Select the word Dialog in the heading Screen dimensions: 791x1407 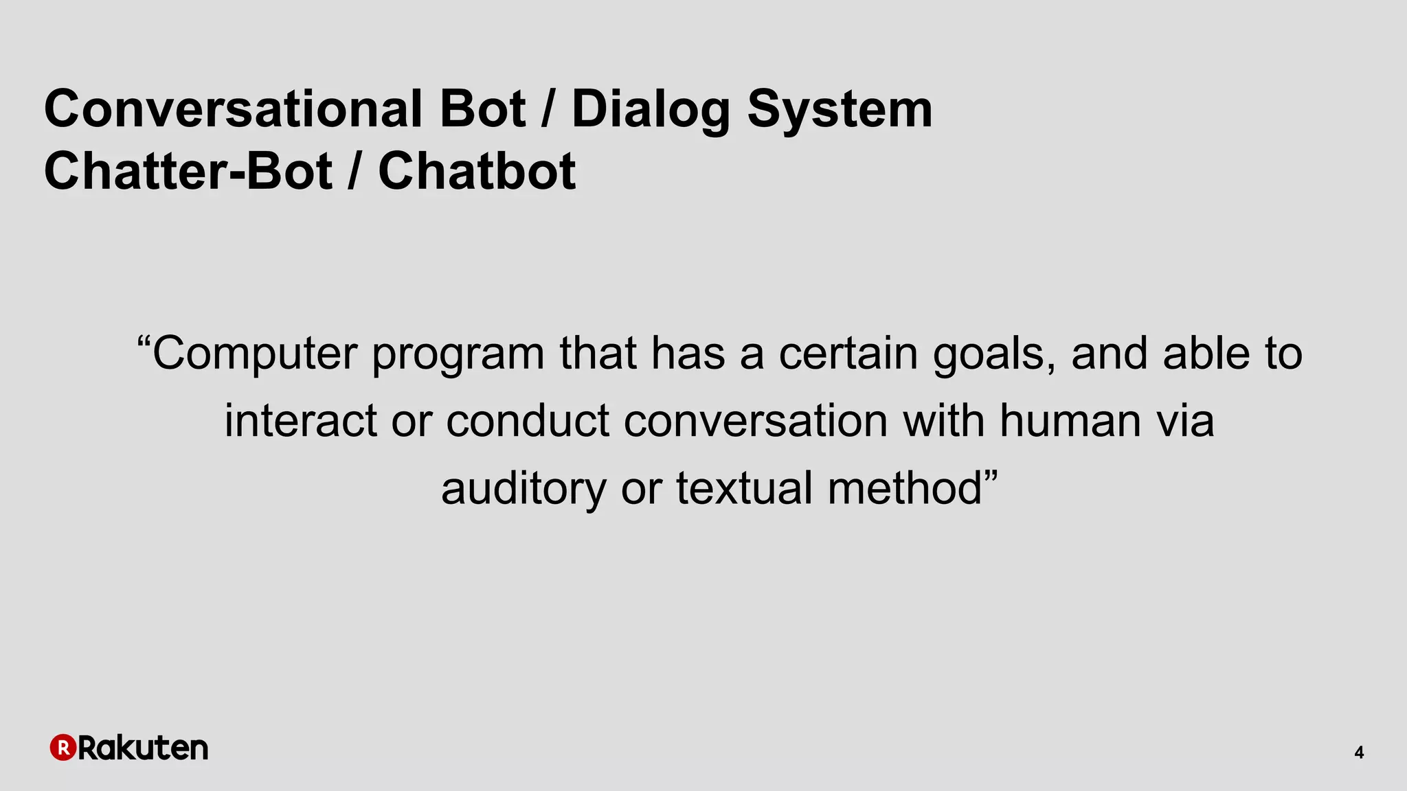point(650,110)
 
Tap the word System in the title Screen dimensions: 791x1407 point(840,110)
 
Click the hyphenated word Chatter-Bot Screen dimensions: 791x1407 point(188,171)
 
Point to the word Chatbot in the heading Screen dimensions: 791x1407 point(477,171)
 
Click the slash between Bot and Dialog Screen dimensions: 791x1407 point(548,110)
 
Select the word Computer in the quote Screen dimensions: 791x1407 point(255,354)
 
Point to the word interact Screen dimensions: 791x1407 point(300,420)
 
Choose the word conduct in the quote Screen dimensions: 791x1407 point(528,420)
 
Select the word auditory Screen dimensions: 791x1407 point(524,489)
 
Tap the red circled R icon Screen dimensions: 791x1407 point(63,748)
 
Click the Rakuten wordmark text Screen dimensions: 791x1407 point(143,748)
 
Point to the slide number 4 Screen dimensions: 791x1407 point(1359,753)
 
